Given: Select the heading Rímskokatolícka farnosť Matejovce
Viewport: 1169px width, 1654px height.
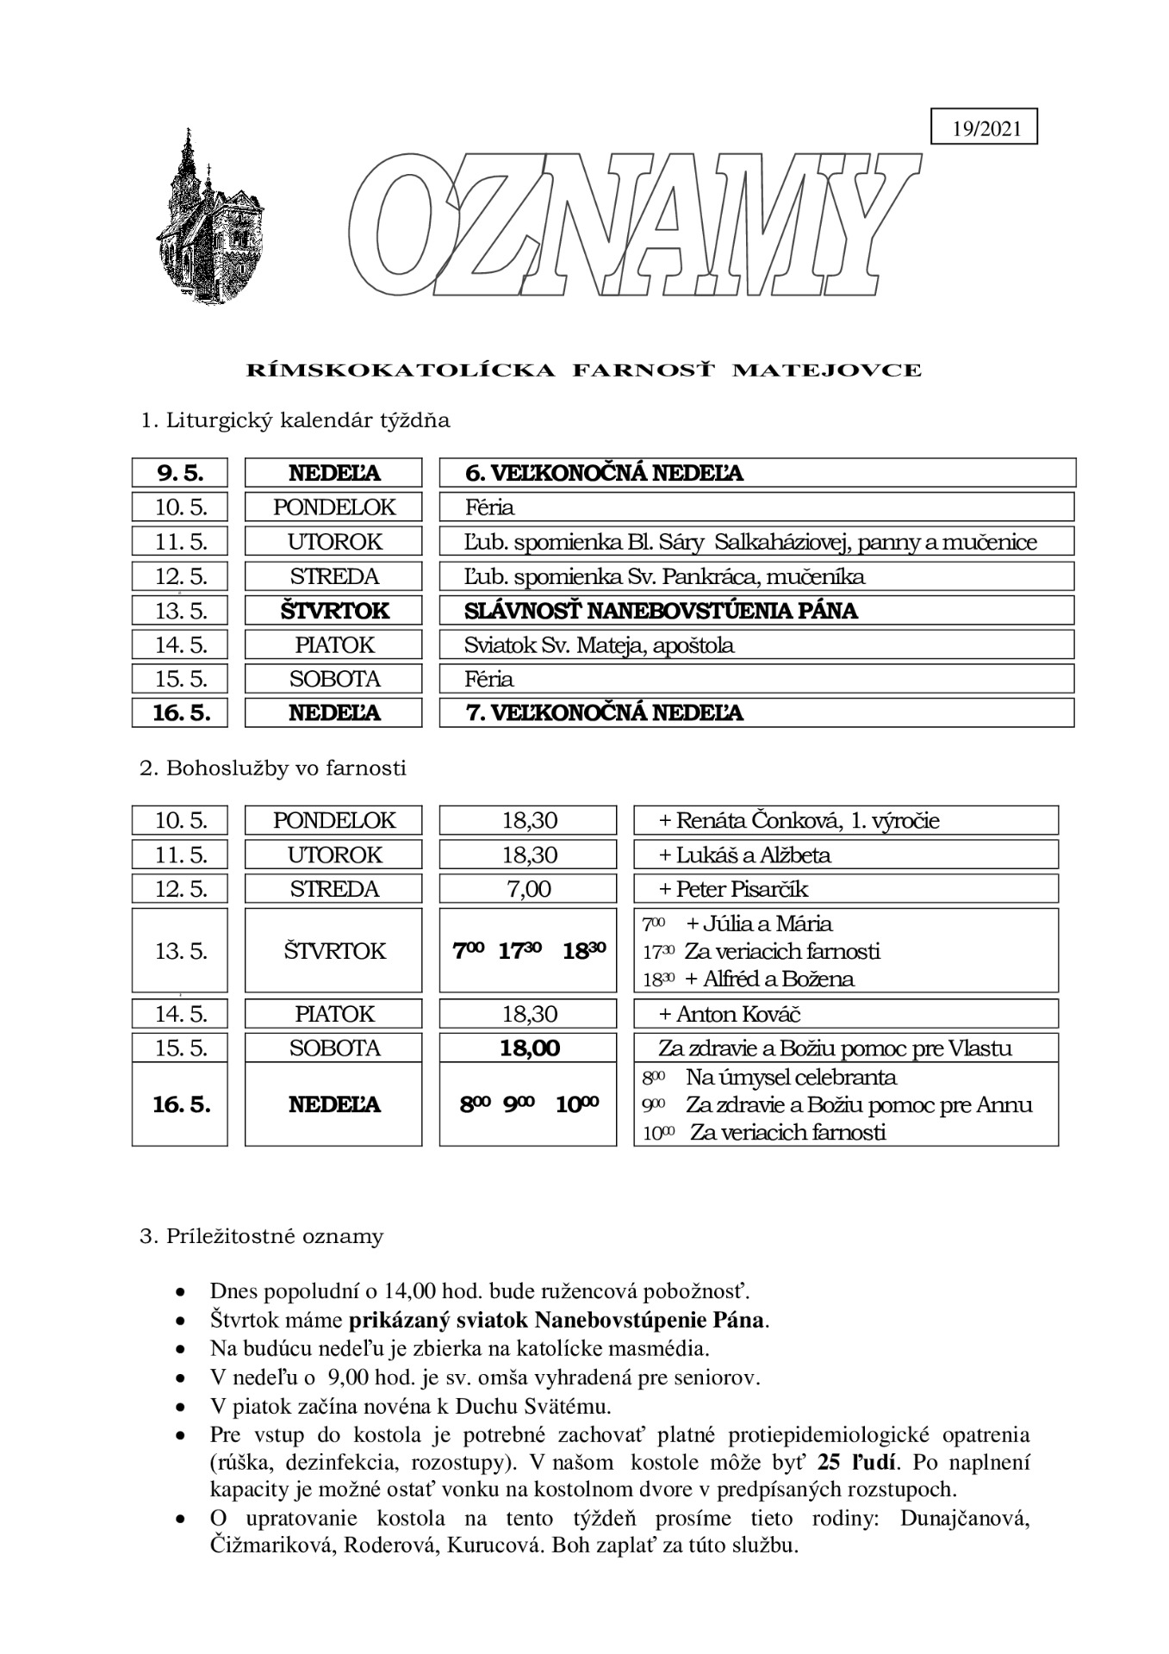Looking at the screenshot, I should [584, 371].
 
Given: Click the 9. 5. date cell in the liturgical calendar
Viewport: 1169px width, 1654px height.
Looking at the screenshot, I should [180, 473].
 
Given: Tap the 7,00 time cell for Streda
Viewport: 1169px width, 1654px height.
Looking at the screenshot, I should [528, 889].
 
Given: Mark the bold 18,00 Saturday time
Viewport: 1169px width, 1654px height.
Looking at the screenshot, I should [529, 1048].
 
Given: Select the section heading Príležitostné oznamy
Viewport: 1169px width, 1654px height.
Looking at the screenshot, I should [262, 1237].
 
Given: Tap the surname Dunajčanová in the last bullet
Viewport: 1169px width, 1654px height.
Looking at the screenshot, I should [965, 1518].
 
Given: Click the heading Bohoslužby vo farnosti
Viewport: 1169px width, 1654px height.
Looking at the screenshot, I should [273, 768].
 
